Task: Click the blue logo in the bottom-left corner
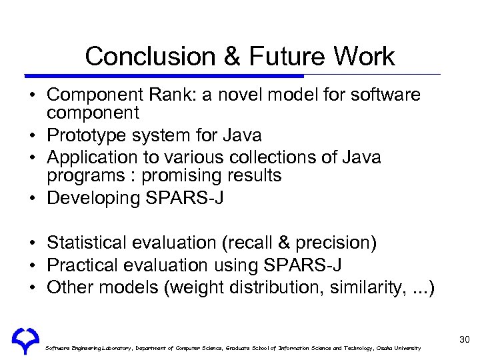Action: coord(25,340)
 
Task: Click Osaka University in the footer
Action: coord(398,348)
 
